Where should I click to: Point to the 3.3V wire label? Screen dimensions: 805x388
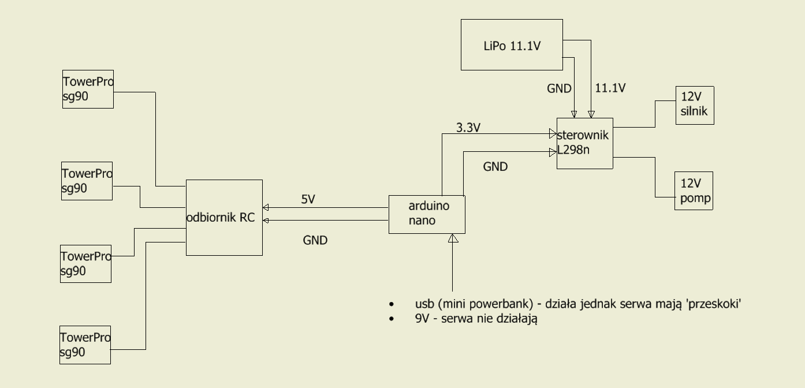point(468,128)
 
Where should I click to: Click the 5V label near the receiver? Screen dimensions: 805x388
point(308,199)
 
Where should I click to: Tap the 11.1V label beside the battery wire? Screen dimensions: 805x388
point(610,88)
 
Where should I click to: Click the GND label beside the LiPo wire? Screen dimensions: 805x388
point(559,88)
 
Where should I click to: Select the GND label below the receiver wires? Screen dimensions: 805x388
point(315,240)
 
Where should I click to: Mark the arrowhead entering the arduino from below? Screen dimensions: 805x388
point(453,238)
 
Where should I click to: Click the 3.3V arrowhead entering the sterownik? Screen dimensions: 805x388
point(553,133)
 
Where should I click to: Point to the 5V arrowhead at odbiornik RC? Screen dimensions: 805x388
point(266,207)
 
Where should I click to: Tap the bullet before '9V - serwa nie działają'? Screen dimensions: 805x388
point(392,319)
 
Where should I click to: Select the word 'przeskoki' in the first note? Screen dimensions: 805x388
point(713,304)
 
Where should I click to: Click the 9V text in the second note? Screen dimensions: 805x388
point(422,318)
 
